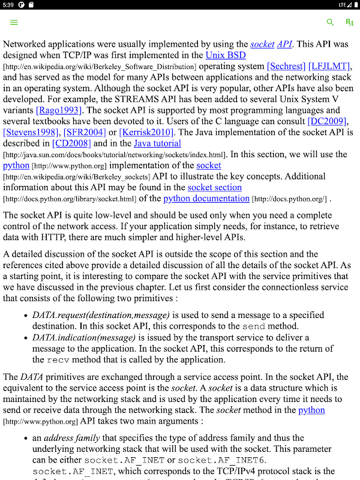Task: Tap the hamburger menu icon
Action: (x=14, y=22)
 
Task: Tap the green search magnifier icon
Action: (x=330, y=22)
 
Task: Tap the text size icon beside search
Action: (x=349, y=22)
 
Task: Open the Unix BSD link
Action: (x=226, y=55)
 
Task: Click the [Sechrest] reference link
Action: (x=286, y=66)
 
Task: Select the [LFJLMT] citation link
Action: (x=330, y=66)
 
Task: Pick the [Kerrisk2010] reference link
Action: (x=147, y=132)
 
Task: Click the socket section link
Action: (x=215, y=187)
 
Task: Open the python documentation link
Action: (x=206, y=199)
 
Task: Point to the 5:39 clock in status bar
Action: (x=8, y=5)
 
